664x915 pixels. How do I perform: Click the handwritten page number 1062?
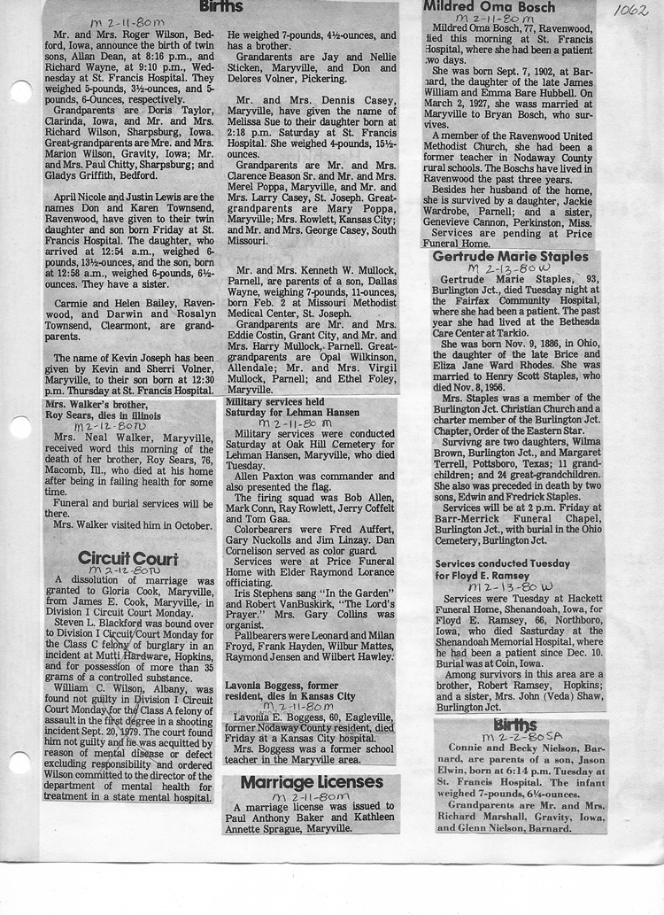[630, 11]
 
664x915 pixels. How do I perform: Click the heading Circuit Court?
[127, 559]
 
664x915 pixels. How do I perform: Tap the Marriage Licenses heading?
[312, 782]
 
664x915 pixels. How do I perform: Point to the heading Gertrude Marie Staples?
[510, 256]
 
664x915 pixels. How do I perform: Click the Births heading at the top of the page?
[220, 6]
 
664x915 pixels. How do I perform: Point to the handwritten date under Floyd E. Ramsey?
[505, 587]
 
